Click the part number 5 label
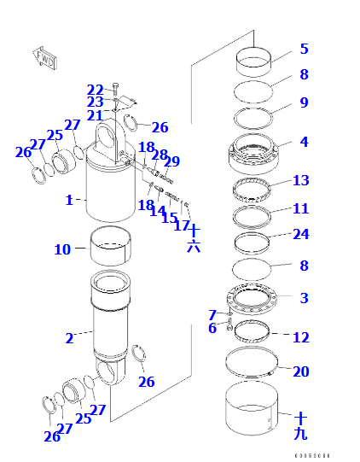coord(304,50)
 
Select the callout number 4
coord(304,142)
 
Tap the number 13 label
coord(300,181)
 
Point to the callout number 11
coord(300,208)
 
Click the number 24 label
coord(300,234)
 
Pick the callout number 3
coord(304,298)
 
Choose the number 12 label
coord(300,337)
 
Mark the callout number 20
coord(300,371)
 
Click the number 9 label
coord(304,102)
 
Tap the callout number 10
coord(62,250)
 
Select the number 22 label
coord(95,90)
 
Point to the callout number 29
coord(171,161)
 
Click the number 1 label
coord(69,201)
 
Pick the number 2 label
coord(69,339)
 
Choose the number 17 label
coord(181,226)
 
